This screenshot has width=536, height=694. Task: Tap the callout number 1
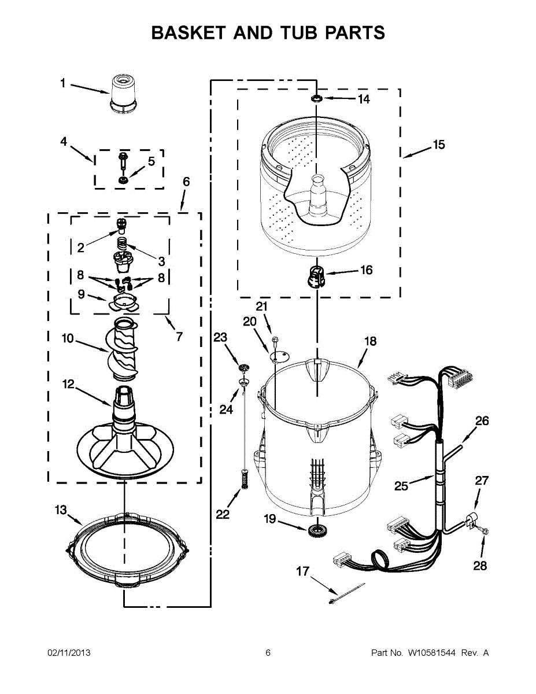(63, 83)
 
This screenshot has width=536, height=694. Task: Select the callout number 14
(363, 99)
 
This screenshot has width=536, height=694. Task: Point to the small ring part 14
(317, 98)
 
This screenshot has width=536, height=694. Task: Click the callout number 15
(439, 145)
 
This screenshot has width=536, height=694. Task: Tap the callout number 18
(370, 341)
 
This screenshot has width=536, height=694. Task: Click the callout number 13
(61, 510)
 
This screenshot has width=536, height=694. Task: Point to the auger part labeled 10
(123, 350)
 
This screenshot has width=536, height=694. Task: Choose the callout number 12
(68, 383)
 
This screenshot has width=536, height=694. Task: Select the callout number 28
(480, 566)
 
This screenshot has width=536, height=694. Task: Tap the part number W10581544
(431, 653)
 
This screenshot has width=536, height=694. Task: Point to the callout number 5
(151, 161)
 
